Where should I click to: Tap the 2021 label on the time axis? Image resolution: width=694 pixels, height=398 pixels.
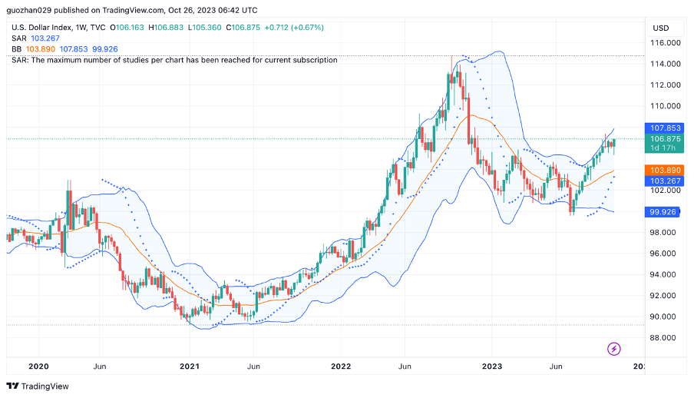tap(189, 366)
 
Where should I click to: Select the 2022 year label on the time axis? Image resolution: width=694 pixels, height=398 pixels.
tap(341, 366)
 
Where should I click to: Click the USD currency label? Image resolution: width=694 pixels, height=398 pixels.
tap(661, 28)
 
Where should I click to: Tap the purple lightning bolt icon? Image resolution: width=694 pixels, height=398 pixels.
tap(614, 349)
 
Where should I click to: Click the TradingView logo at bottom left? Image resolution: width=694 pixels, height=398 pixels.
tap(38, 386)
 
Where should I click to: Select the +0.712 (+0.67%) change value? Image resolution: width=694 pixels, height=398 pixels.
tap(294, 28)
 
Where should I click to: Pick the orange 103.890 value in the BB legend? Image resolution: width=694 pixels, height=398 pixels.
tap(41, 49)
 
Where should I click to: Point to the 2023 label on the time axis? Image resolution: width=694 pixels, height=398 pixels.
tap(493, 366)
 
